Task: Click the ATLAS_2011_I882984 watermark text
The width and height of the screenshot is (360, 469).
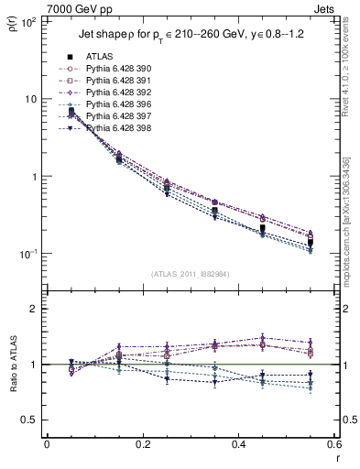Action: (x=191, y=274)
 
